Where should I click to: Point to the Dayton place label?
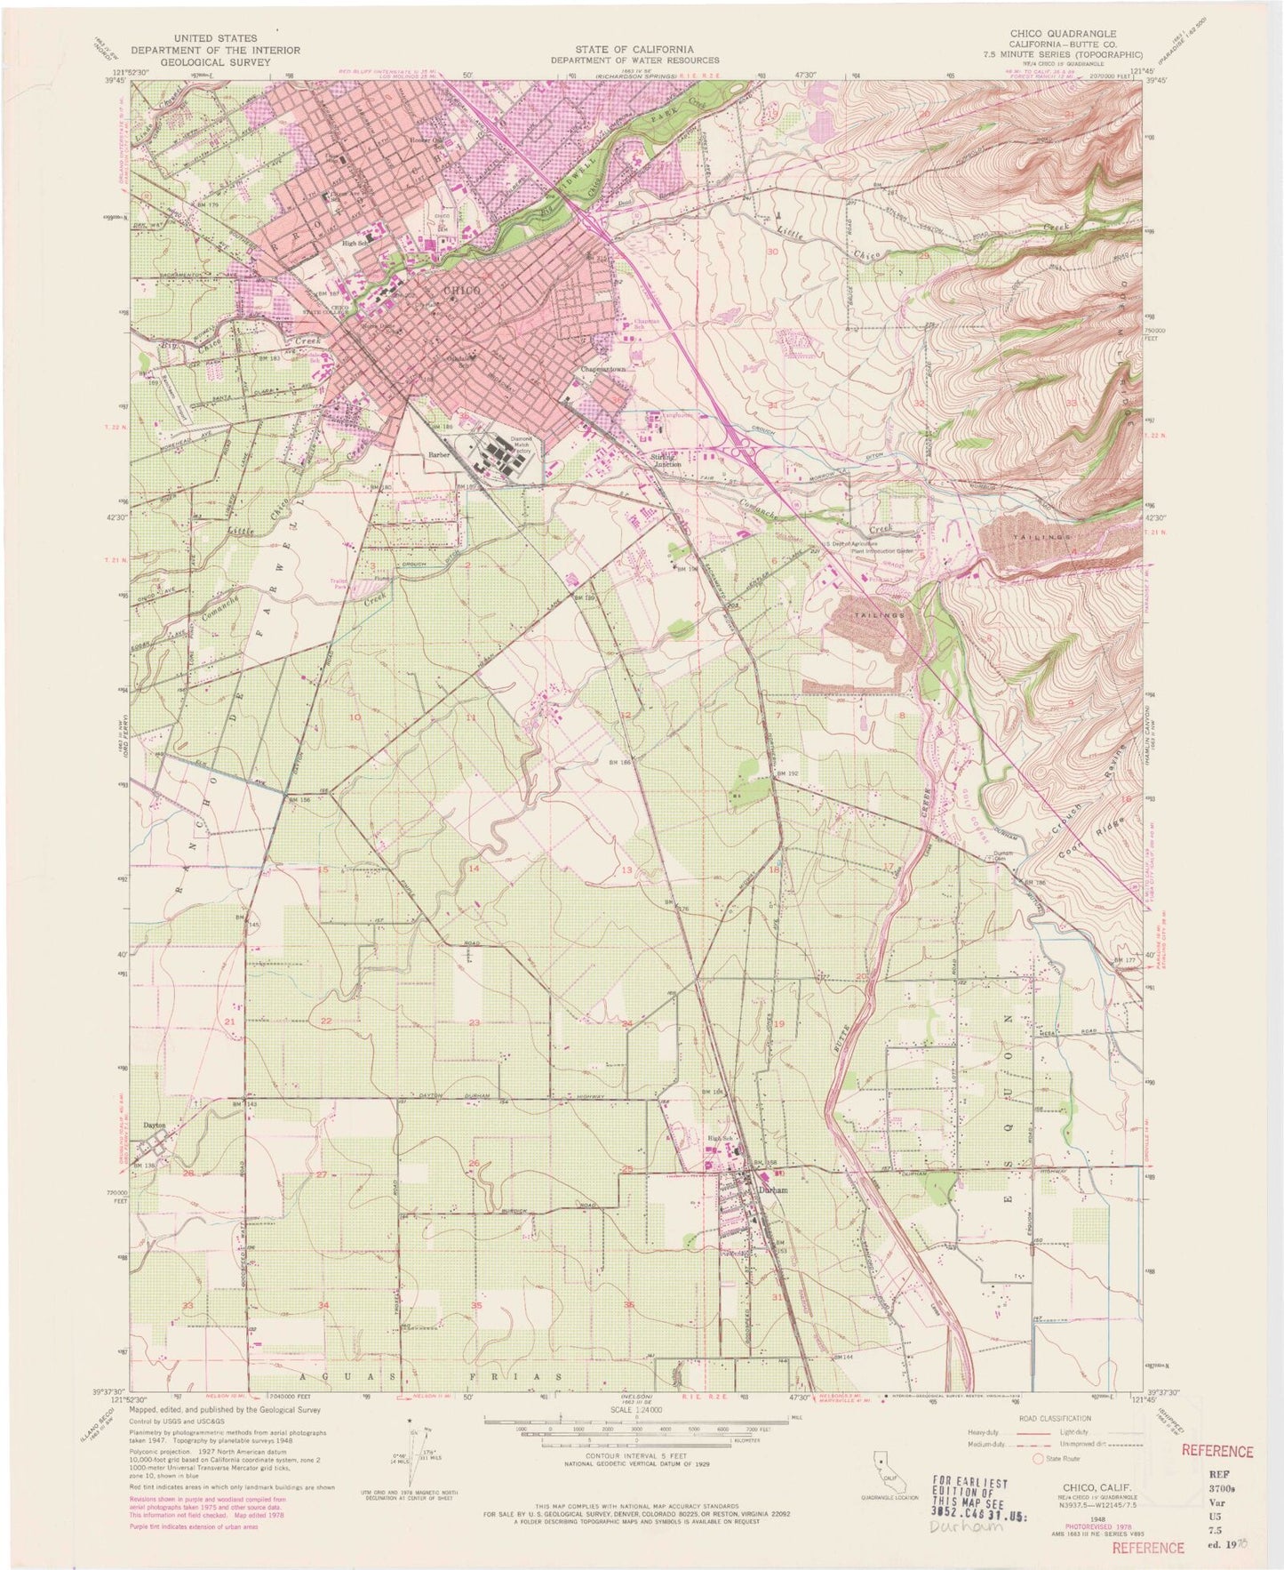154,1125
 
